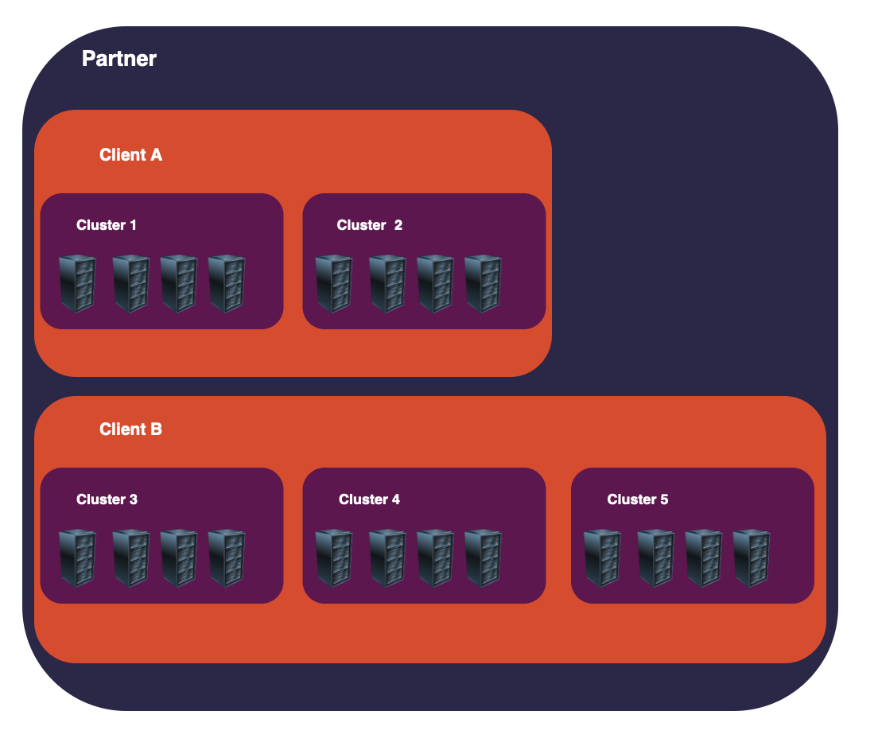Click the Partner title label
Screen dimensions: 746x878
(119, 59)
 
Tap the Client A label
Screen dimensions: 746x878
(130, 155)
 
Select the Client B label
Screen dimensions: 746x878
(130, 429)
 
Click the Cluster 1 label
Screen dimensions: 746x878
(107, 225)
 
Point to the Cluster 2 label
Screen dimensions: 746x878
(370, 225)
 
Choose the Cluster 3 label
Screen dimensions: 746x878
(107, 499)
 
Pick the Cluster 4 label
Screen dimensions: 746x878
(369, 499)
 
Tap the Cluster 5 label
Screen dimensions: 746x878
(638, 499)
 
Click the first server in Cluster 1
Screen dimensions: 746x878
(77, 283)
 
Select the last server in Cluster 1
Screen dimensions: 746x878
(227, 283)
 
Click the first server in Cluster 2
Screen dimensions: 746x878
(334, 283)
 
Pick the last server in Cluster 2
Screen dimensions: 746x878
(483, 283)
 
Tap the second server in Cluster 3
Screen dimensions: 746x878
(130, 558)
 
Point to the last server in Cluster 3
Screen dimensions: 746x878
(227, 558)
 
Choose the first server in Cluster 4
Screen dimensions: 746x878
(334, 558)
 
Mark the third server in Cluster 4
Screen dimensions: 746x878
(435, 558)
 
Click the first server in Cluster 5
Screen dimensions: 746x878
(602, 558)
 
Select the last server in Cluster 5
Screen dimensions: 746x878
(752, 558)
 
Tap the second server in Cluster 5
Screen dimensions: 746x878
(655, 558)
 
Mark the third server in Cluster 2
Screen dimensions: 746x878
(435, 283)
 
